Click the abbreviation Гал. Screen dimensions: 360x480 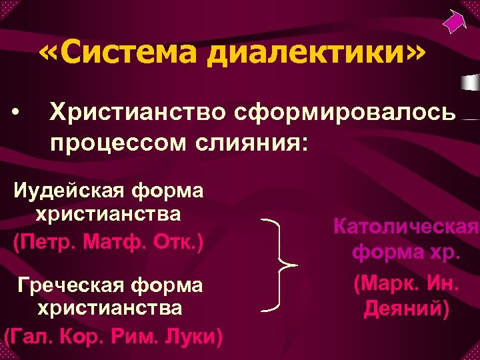click(x=33, y=334)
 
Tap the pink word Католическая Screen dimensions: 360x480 click(x=405, y=227)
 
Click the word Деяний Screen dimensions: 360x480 click(x=406, y=309)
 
